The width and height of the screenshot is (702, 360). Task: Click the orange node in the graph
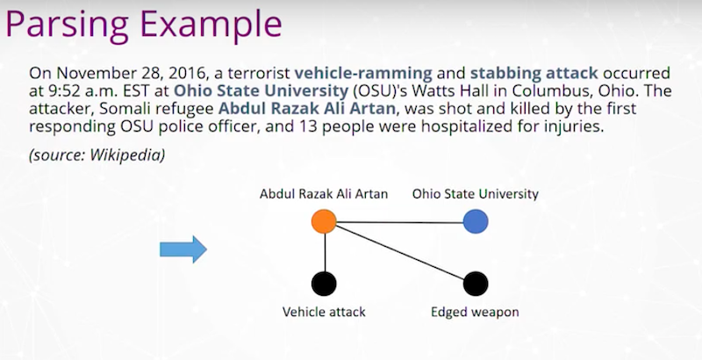(324, 221)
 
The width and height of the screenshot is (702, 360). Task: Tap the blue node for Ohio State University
(476, 221)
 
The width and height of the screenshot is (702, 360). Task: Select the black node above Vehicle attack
(324, 284)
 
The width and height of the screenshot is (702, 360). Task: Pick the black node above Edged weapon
(476, 284)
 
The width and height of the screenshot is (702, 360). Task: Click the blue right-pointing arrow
(183, 249)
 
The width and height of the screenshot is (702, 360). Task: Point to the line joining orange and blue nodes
(400, 222)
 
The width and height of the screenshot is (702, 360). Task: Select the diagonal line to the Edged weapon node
(401, 253)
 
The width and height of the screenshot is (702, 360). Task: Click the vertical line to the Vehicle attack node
(325, 253)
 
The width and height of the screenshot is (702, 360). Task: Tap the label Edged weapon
(475, 312)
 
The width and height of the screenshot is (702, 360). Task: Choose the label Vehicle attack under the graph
(324, 312)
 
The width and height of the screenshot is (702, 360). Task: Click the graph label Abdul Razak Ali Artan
(324, 194)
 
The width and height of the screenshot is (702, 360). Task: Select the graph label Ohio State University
(476, 194)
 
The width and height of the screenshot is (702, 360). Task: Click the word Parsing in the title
(68, 25)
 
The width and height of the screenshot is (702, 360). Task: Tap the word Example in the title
(211, 25)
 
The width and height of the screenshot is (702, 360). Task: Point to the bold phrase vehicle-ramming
(363, 73)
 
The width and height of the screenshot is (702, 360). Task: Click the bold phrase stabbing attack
(534, 73)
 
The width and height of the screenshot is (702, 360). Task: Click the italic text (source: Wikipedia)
(97, 155)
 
